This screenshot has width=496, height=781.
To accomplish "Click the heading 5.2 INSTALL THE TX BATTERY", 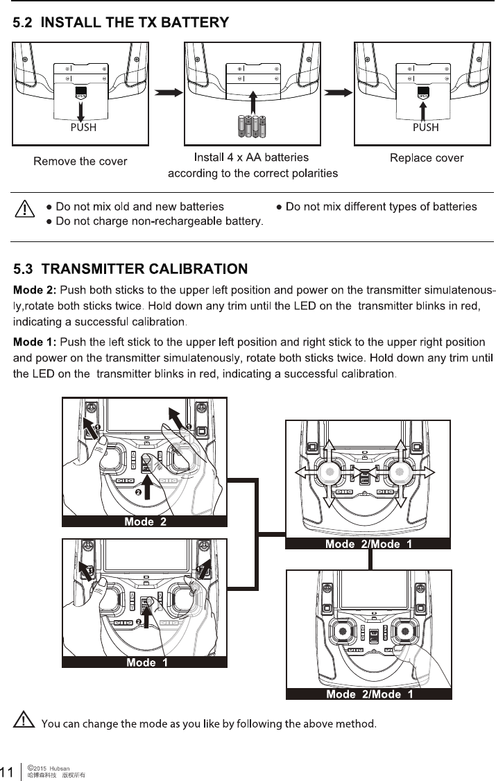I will (121, 23).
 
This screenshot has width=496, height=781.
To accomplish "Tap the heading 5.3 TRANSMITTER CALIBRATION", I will (131, 268).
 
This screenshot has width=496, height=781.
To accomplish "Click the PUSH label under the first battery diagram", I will (82, 128).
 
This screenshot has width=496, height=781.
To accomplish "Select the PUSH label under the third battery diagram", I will (425, 128).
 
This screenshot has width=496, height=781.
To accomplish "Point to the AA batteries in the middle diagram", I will (252, 127).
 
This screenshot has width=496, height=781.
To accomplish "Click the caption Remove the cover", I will (80, 162).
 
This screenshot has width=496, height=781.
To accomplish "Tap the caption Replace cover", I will (427, 158).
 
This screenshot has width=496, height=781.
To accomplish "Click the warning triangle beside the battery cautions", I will (26, 209).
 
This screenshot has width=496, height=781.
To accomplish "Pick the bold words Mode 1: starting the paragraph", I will (35, 343).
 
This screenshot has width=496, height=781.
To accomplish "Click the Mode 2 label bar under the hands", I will (145, 522).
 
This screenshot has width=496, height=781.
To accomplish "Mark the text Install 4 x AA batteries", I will (251, 158).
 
